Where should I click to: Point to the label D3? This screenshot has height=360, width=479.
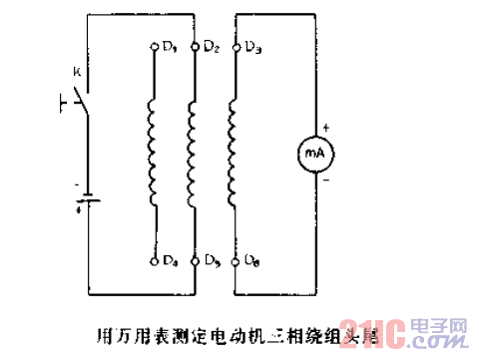coord(252,47)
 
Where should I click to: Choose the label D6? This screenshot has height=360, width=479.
coord(252,262)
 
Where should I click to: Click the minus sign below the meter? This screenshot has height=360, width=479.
coord(325,181)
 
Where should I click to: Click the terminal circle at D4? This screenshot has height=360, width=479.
coord(153,260)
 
